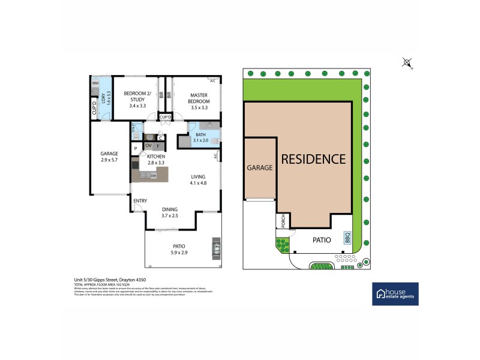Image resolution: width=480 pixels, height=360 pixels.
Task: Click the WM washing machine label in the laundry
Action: coord(95,83)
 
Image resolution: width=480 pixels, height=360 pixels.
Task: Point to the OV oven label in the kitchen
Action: coord(148,145)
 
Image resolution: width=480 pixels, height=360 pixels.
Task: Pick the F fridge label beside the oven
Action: coord(158,145)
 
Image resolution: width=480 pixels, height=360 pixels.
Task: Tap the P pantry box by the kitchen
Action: coord(136,148)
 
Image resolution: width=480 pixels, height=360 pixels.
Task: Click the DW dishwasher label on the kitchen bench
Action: coord(154,176)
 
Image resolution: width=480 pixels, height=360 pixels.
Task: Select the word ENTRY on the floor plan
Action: coord(140,201)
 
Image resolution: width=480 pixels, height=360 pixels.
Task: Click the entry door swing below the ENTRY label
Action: coord(137,208)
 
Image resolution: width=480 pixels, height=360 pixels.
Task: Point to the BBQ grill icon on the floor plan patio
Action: coord(215,249)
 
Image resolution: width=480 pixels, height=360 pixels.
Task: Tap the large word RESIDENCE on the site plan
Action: coord(314,159)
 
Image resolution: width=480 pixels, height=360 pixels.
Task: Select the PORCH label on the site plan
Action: coord(282,221)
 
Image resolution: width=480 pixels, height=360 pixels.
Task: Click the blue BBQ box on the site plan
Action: coord(347,238)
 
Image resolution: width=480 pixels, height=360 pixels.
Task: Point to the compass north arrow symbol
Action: coord(407,62)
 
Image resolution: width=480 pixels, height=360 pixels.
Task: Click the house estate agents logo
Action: coord(395,293)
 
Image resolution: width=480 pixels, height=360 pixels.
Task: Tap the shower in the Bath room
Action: coord(184,142)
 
